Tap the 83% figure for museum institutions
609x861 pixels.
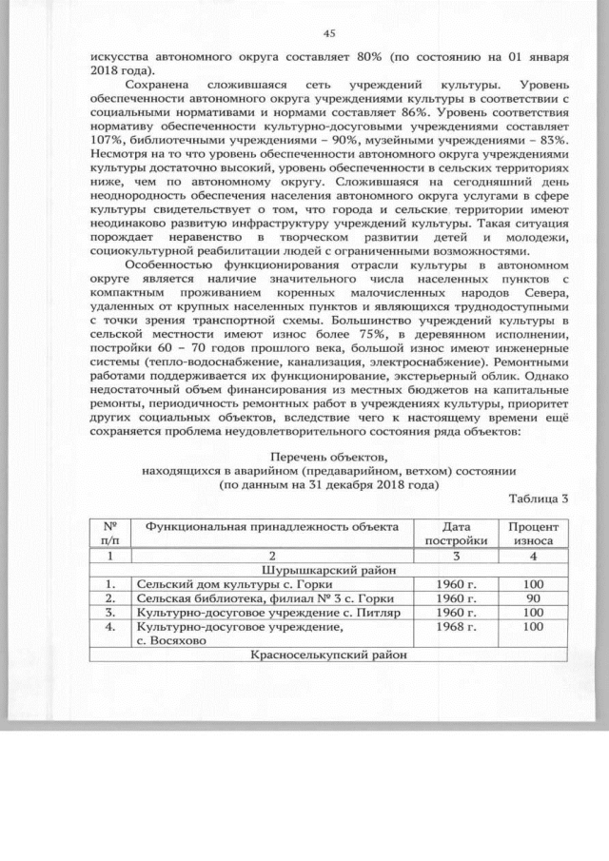click(x=551, y=139)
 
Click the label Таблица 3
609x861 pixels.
click(x=538, y=499)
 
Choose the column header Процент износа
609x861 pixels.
click(x=533, y=532)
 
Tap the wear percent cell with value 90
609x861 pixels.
click(x=533, y=598)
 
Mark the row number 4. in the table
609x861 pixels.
click(x=112, y=627)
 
